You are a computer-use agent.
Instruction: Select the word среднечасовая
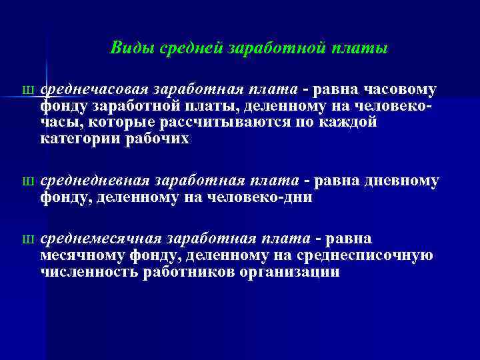click(94, 90)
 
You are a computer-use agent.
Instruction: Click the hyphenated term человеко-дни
click(269, 197)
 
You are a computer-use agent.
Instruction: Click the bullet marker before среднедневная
click(27, 181)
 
